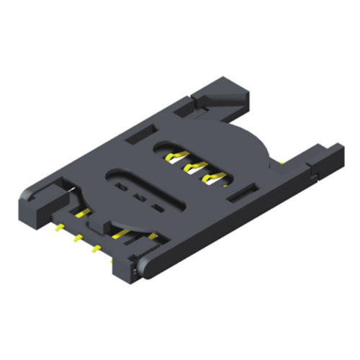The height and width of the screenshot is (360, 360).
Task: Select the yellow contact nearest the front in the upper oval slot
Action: pos(212,177)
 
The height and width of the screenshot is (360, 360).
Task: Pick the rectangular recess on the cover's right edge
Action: pos(246,191)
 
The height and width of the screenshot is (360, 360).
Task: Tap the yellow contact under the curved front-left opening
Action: pos(81,211)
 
